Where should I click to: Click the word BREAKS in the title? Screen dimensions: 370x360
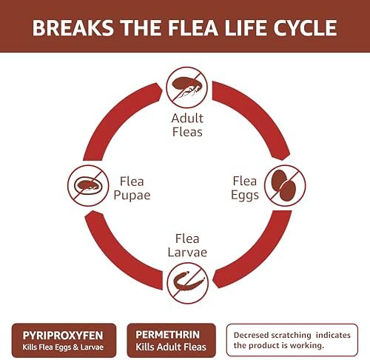tap(73, 27)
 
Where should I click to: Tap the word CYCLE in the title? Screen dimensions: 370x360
tap(305, 27)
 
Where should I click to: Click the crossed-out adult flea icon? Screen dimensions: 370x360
tap(186, 87)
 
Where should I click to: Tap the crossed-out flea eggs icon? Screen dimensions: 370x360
tap(285, 186)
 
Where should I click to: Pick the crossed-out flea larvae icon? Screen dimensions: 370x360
tap(187, 283)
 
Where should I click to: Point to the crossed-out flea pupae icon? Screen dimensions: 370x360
tap(88, 186)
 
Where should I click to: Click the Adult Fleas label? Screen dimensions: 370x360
tap(187, 125)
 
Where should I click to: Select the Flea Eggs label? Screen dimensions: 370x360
tap(245, 187)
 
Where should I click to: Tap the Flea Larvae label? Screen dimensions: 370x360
tap(187, 245)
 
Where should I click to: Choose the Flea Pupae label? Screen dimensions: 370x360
tap(132, 188)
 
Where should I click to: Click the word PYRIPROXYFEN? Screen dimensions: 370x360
tap(63, 336)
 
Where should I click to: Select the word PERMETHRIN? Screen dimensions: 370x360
tap(168, 335)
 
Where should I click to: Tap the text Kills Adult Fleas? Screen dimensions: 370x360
tap(171, 347)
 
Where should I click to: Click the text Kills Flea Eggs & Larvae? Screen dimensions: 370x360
tap(63, 347)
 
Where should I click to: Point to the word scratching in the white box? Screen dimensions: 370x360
tap(291, 336)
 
